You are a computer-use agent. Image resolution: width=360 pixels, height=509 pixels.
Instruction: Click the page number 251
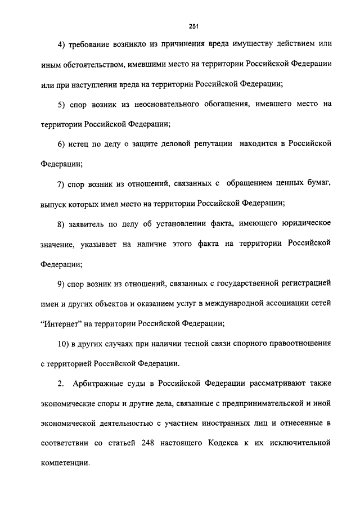195,26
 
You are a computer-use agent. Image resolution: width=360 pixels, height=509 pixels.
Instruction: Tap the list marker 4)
62,44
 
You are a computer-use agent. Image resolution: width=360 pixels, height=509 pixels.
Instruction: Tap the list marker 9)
62,283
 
